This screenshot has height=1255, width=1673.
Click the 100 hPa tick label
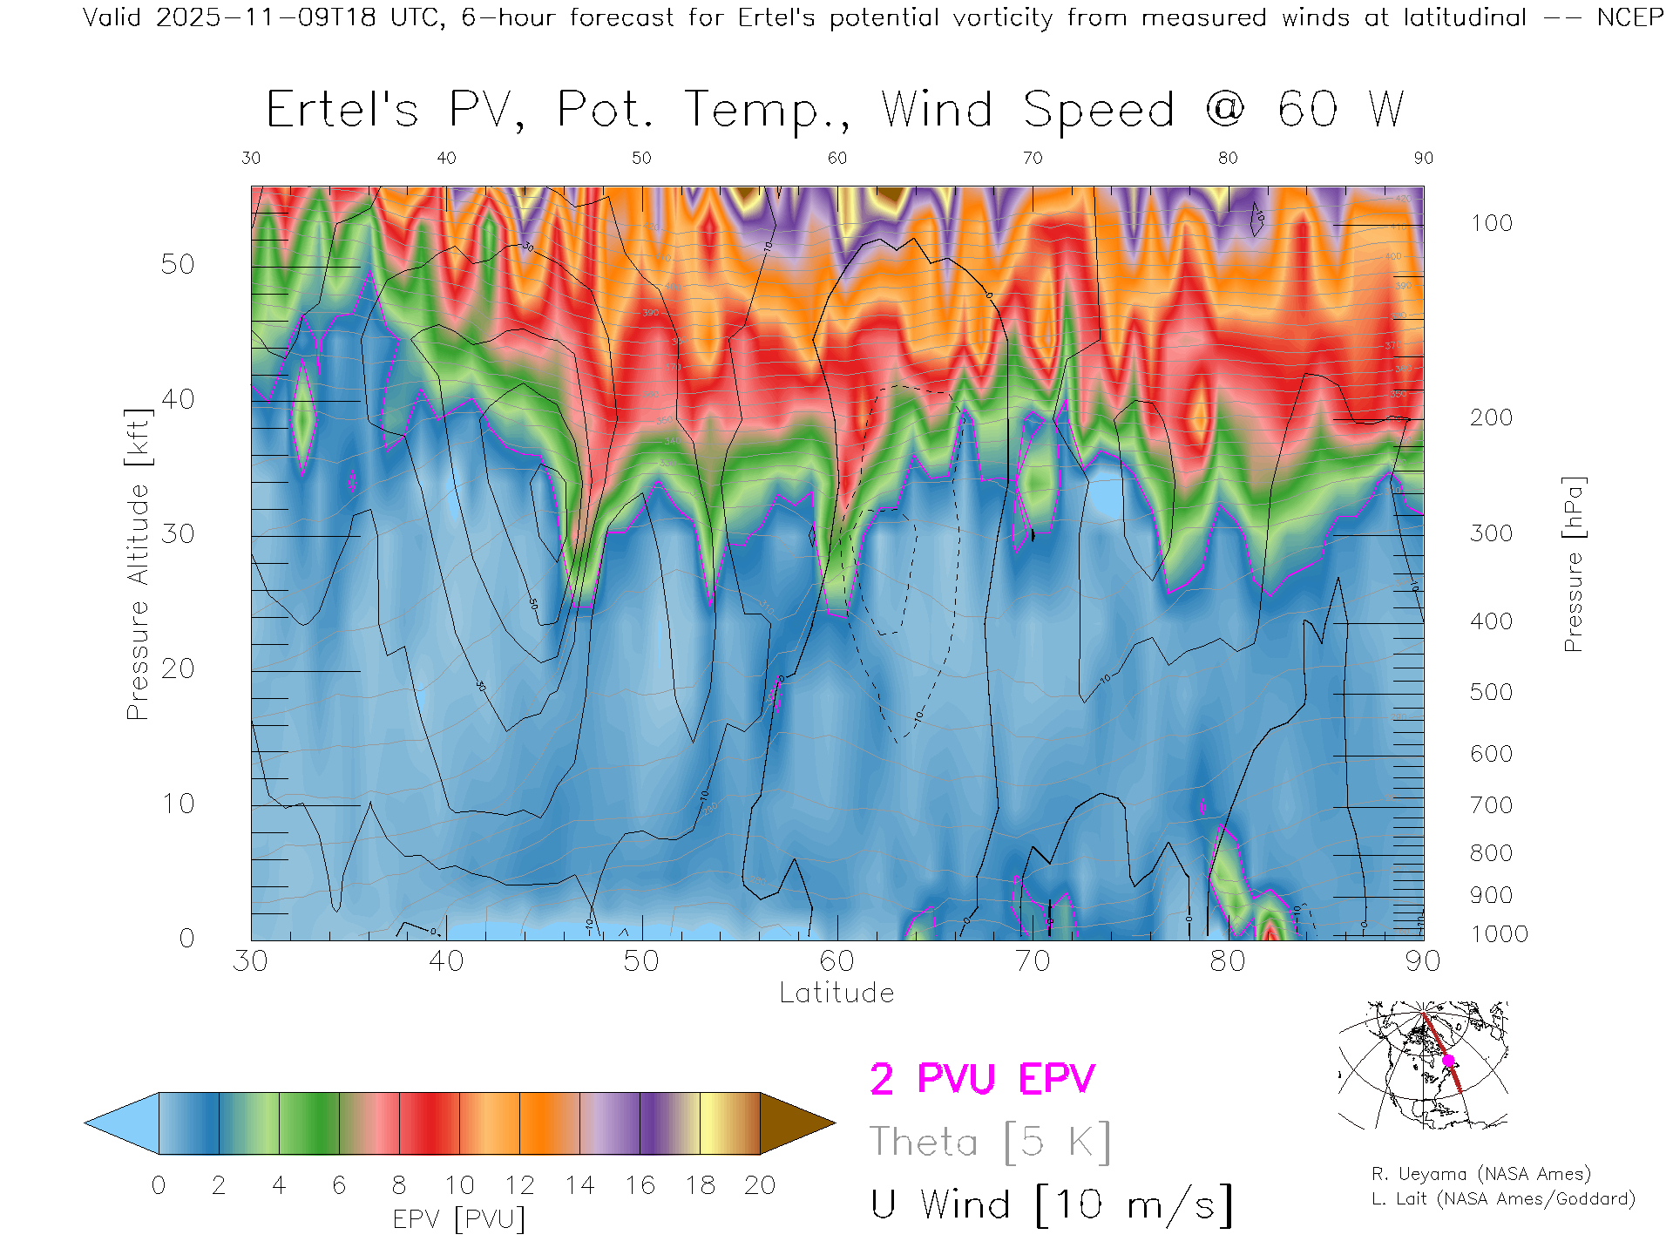(x=1491, y=223)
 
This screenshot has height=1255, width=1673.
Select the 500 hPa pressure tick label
(x=1491, y=692)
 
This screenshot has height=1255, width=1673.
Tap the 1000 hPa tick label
(x=1499, y=934)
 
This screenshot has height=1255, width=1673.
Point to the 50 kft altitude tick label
(x=177, y=264)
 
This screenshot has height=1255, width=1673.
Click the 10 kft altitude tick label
(x=177, y=804)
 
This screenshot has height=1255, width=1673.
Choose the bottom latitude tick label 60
(x=836, y=961)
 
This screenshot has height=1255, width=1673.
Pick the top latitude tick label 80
(x=1227, y=158)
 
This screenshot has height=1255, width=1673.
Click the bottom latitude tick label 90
(x=1422, y=961)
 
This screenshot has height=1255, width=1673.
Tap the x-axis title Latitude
(x=836, y=993)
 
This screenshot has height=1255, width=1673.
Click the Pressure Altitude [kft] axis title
(x=138, y=564)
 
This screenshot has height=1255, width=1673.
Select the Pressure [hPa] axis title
(x=1573, y=564)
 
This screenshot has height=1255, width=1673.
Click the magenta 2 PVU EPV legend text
(x=982, y=1079)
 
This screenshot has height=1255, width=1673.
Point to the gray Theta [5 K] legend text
(x=990, y=1142)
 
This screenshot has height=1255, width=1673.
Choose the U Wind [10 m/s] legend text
(x=1052, y=1205)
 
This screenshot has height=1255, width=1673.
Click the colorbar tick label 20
(x=760, y=1185)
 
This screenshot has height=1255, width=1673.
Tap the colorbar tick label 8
(x=399, y=1185)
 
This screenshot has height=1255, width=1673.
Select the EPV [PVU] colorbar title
(x=459, y=1219)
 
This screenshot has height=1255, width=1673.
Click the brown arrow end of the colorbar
(x=795, y=1123)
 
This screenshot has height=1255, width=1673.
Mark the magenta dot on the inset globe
(x=1448, y=1061)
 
